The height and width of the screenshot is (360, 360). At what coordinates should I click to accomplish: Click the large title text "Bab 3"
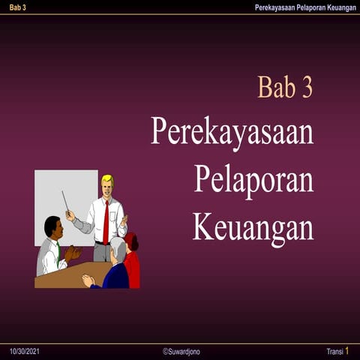(x=285, y=87)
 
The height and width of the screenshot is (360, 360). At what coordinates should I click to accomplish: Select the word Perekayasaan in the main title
(x=232, y=131)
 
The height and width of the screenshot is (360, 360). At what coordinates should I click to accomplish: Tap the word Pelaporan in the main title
(x=253, y=178)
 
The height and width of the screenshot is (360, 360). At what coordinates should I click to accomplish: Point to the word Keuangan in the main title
(x=253, y=226)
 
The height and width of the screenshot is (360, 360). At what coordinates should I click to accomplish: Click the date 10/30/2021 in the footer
(x=24, y=352)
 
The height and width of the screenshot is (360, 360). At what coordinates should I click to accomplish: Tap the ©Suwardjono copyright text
(x=181, y=352)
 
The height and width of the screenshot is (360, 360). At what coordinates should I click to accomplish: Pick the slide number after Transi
(x=347, y=351)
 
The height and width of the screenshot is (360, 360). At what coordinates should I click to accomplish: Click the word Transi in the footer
(x=334, y=352)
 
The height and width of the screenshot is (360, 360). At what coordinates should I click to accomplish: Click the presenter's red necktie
(x=106, y=221)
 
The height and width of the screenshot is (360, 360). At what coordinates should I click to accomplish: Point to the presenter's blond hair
(x=107, y=179)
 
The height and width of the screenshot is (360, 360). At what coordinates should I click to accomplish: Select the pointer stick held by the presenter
(x=66, y=201)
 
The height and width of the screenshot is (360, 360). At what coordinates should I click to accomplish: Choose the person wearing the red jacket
(x=132, y=262)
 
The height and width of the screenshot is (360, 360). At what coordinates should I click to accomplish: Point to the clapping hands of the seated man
(x=73, y=254)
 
